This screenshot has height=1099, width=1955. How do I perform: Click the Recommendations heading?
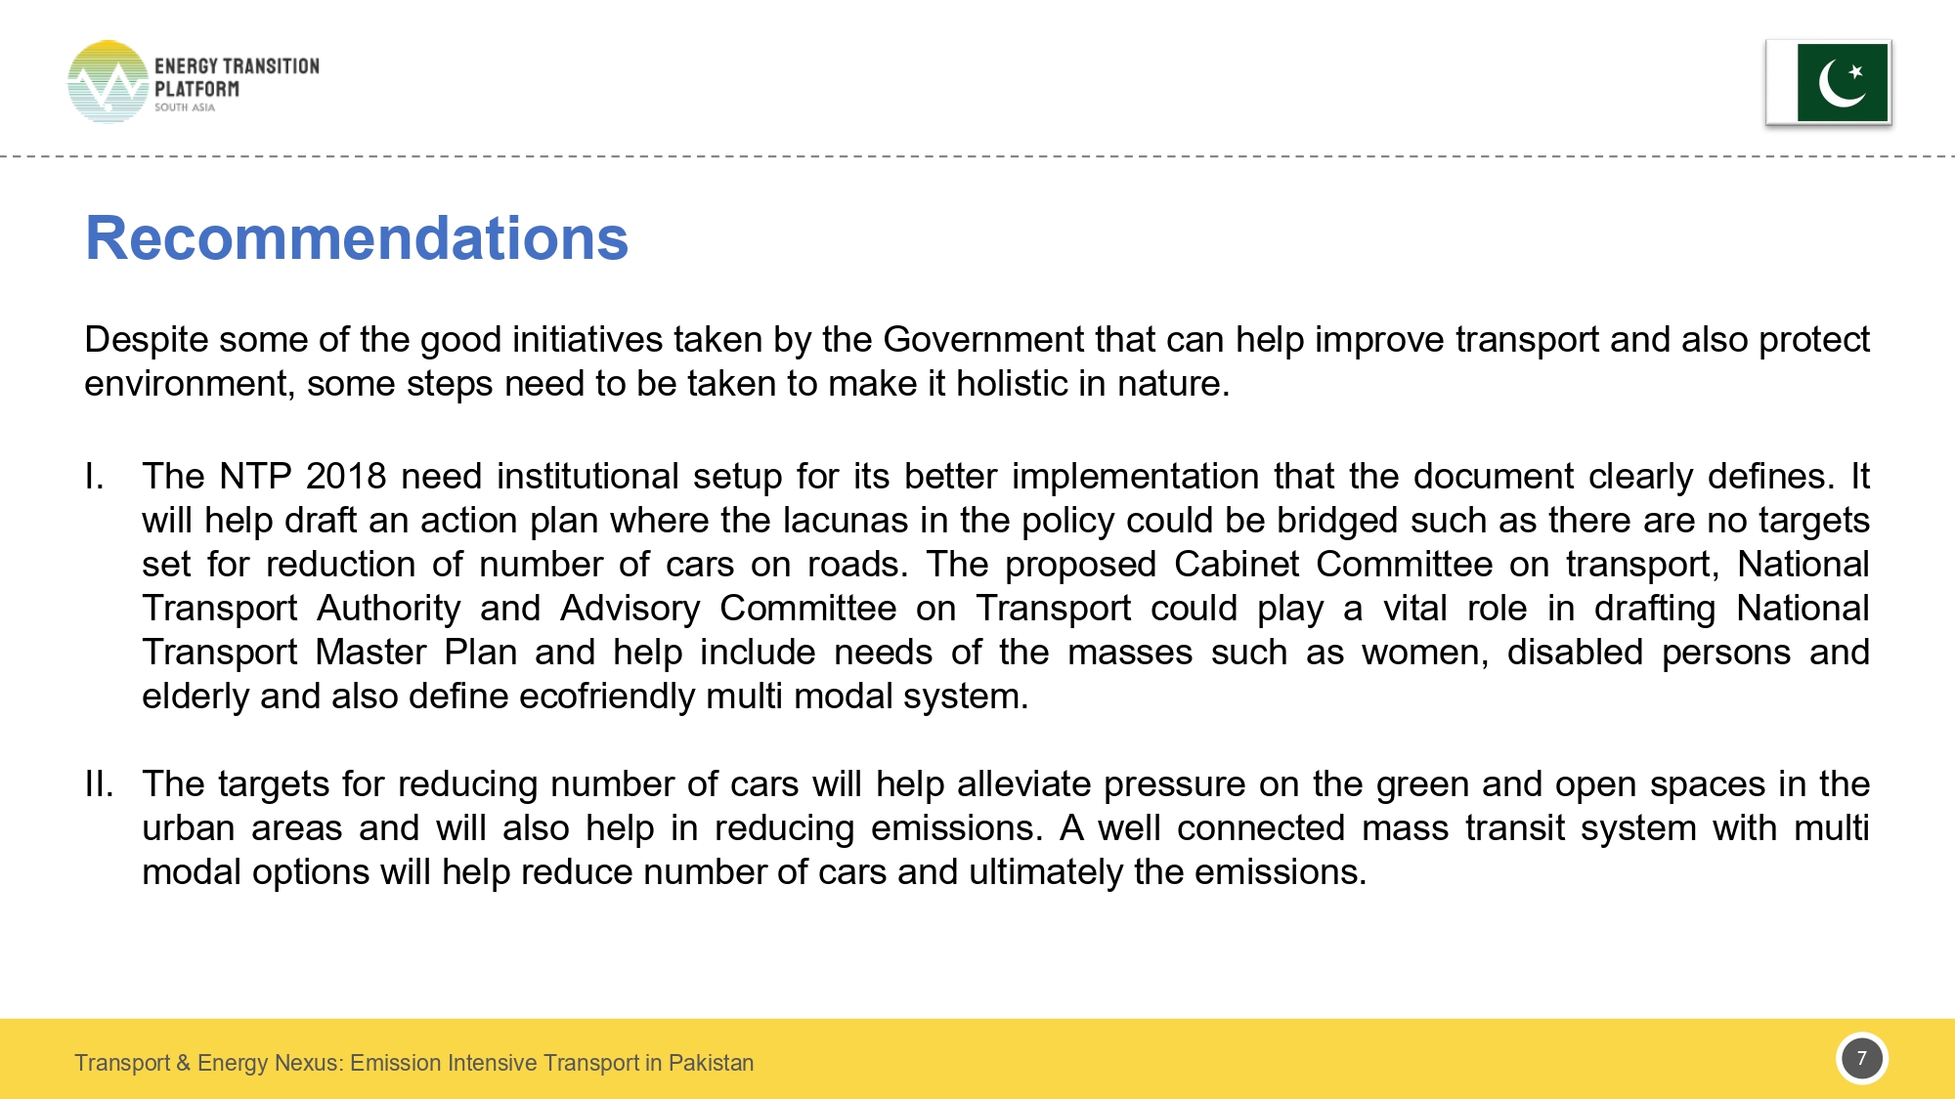357,238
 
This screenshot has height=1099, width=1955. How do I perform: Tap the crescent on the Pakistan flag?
1839,84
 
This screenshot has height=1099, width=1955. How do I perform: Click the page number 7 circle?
1861,1058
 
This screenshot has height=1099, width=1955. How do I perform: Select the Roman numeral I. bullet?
95,477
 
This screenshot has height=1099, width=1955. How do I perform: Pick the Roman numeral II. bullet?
99,784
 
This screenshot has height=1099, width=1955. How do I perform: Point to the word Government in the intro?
983,340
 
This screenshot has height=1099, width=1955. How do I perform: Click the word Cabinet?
1236,565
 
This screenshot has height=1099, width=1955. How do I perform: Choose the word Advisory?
630,609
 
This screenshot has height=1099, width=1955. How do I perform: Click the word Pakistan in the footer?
711,1063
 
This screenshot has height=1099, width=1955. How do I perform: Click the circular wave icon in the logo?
108,82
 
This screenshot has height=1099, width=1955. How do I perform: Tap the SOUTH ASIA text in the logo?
185,107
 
